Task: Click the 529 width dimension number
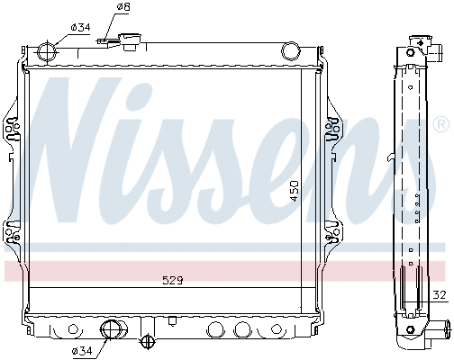click(x=173, y=280)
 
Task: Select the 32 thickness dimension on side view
click(x=438, y=294)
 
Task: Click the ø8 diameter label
click(x=123, y=8)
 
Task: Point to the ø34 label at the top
click(x=79, y=27)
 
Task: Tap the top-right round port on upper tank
click(x=291, y=49)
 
